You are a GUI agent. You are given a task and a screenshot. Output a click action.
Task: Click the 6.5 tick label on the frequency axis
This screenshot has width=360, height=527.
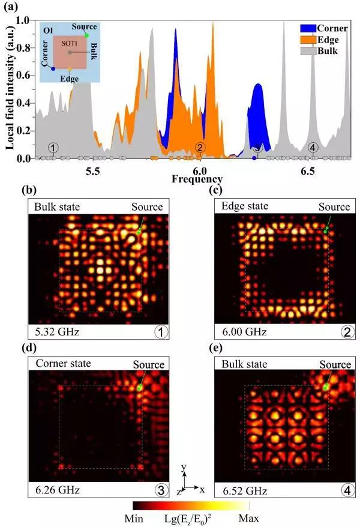pos(308,171)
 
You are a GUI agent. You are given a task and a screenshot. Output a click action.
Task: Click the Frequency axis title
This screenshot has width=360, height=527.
pos(197,179)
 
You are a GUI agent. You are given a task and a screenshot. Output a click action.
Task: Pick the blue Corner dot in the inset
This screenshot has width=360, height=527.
pos(53,69)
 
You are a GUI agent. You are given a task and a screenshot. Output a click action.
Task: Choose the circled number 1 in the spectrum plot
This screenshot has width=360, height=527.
pos(53,148)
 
